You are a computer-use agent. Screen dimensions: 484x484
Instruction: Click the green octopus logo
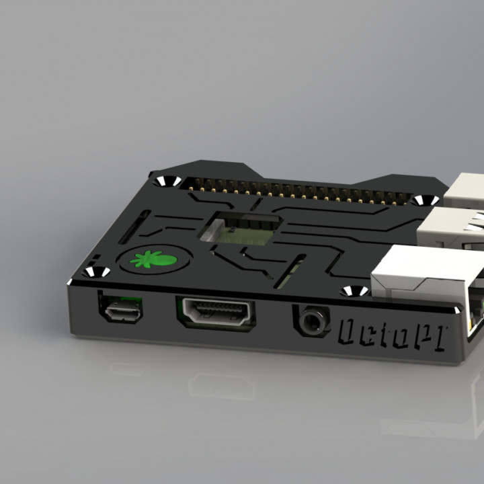(x=154, y=259)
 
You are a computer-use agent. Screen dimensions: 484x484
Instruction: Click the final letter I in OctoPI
(x=438, y=337)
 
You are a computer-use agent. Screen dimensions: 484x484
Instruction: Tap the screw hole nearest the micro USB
(x=95, y=272)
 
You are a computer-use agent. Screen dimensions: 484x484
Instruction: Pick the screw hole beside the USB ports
(x=424, y=201)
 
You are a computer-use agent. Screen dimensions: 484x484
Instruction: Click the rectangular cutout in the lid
(x=241, y=229)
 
